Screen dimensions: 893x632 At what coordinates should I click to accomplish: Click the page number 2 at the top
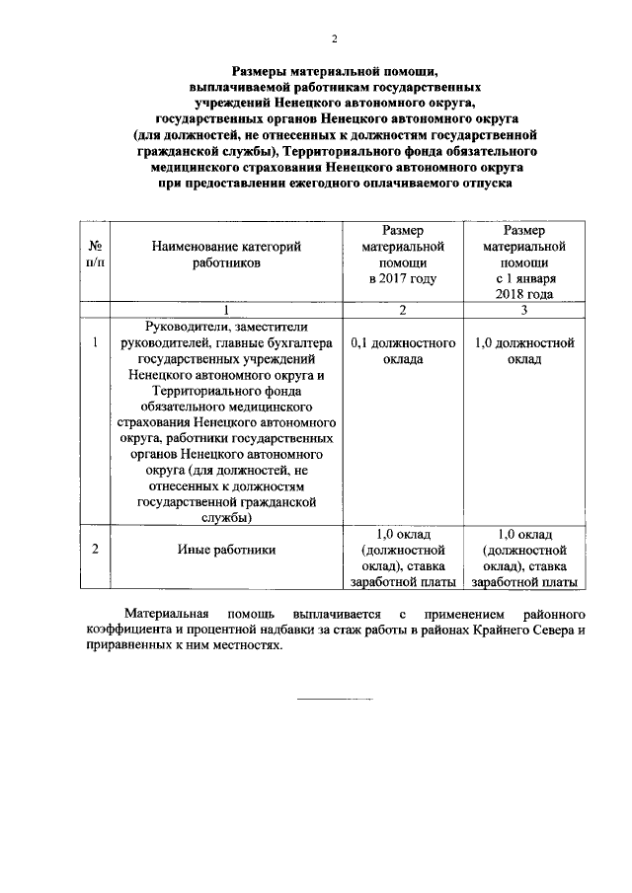coord(334,39)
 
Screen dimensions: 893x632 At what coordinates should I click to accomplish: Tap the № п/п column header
coord(95,255)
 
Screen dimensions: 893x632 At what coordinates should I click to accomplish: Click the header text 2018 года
coord(523,294)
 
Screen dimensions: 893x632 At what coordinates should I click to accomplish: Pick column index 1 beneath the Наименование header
coord(226,311)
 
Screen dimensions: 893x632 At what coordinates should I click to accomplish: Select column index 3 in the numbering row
coord(523,311)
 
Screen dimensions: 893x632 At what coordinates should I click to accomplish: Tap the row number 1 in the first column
coord(95,343)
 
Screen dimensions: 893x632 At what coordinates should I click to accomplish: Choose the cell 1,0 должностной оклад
coord(523,351)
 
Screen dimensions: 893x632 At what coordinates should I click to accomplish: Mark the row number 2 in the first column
coord(95,550)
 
